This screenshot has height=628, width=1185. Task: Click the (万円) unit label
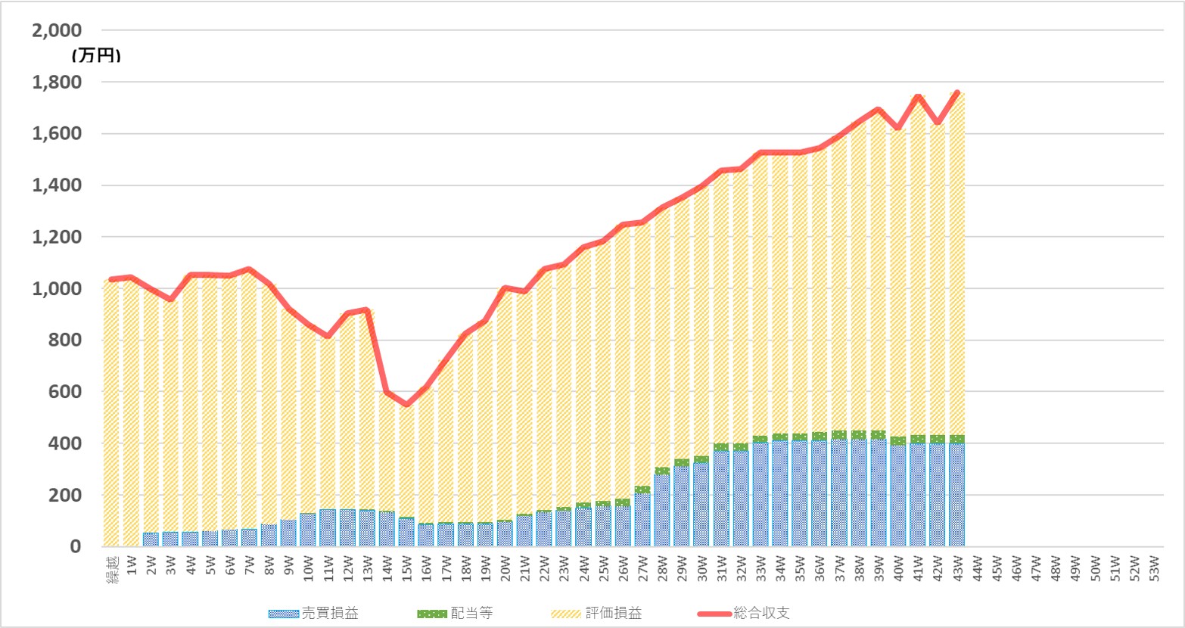tap(96, 55)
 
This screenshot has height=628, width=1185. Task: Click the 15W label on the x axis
tap(406, 564)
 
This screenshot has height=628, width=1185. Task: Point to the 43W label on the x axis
tap(957, 564)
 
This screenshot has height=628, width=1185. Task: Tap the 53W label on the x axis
tap(1154, 564)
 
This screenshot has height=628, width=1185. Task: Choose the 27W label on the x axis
tap(642, 564)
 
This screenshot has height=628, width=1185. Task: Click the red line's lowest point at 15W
tap(406, 405)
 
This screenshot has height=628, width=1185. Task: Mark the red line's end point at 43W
tap(957, 93)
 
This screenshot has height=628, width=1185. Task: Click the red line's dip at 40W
tap(898, 128)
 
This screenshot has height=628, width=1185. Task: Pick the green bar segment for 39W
tap(879, 435)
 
